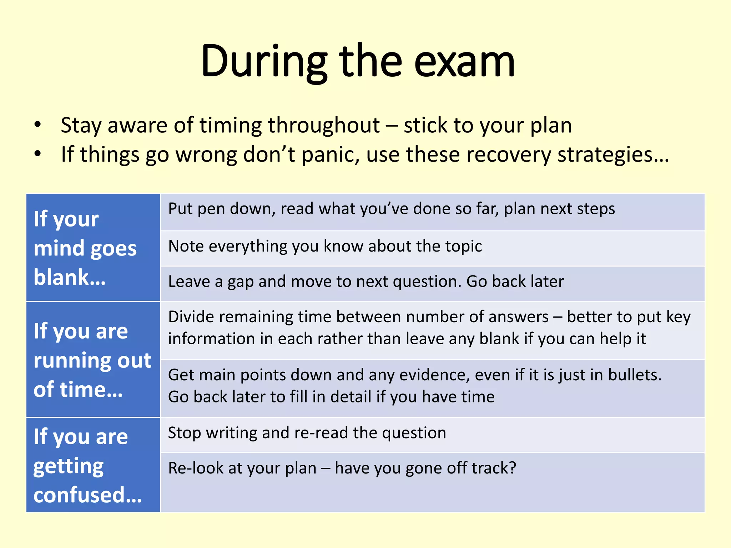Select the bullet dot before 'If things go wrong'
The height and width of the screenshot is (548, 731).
(x=38, y=154)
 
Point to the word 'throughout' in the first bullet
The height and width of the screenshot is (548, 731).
(x=324, y=126)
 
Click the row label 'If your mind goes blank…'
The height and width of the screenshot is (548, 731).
(x=85, y=248)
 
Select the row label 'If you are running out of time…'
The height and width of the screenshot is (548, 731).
(x=92, y=360)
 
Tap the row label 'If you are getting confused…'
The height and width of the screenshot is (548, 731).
(x=87, y=465)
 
